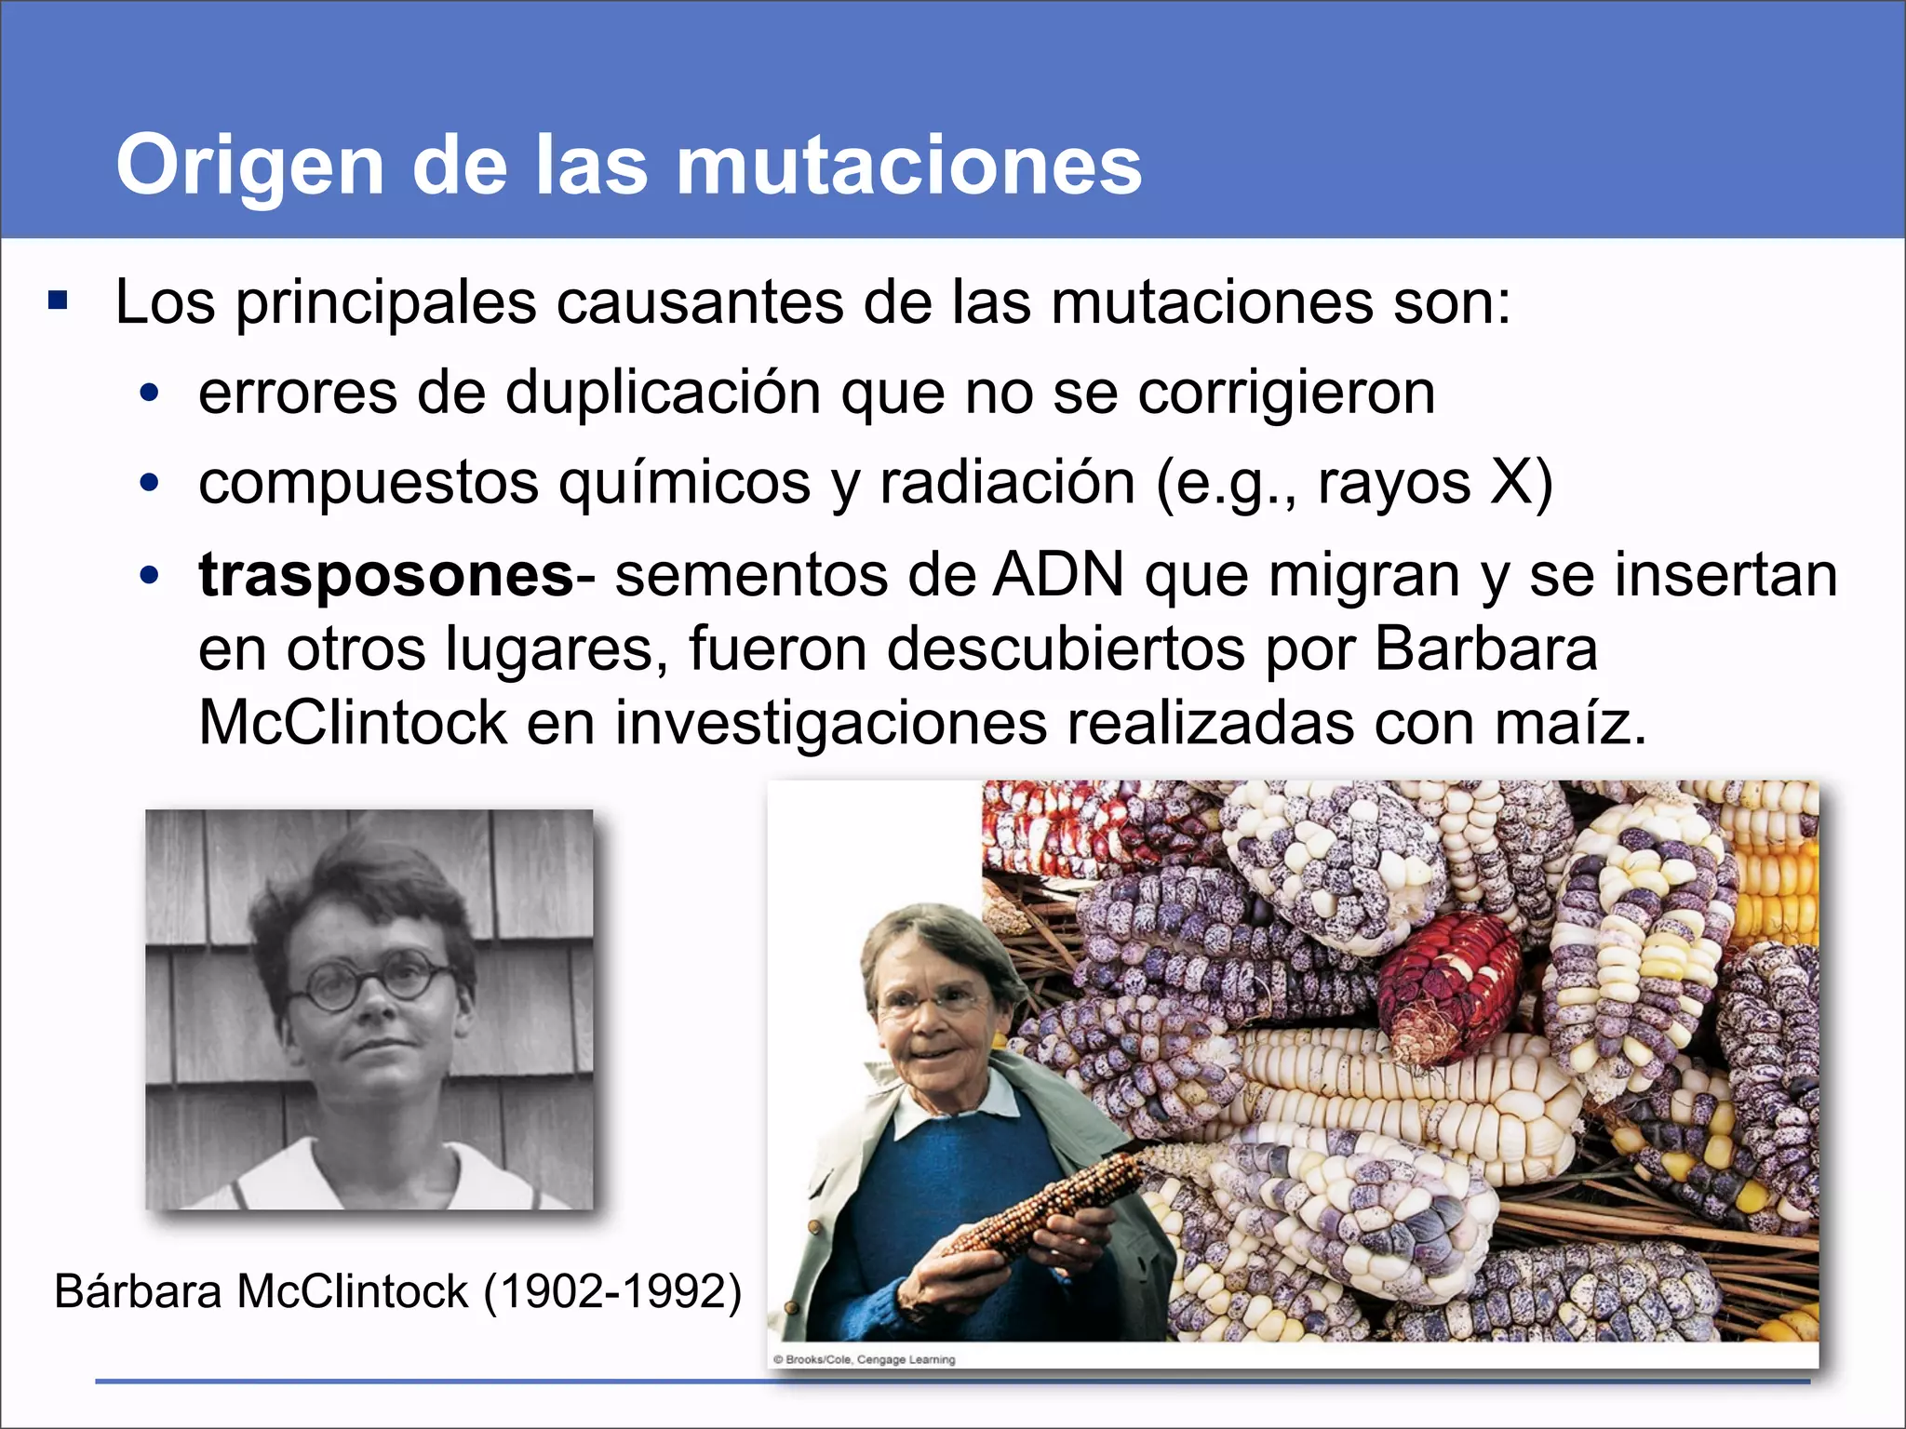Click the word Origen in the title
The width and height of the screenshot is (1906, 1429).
tap(249, 166)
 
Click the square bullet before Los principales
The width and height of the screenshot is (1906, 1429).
tap(59, 301)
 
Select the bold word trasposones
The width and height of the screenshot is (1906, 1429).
tap(386, 576)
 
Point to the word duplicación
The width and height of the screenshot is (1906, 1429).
tap(663, 393)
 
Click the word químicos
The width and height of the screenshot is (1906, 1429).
tap(684, 484)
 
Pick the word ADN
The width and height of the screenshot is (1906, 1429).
tap(1058, 576)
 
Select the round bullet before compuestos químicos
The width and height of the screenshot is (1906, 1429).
tap(149, 484)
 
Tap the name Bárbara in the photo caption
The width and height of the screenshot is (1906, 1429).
tap(138, 1292)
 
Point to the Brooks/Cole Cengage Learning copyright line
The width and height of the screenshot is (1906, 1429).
tap(864, 1359)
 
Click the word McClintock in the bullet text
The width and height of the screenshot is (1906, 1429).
tap(352, 723)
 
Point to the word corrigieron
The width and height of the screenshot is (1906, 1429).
tap(1286, 393)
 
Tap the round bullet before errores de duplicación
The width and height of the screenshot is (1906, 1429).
tap(149, 394)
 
